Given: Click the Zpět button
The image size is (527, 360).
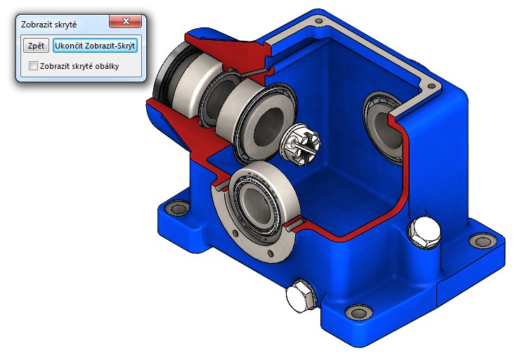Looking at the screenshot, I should click(35, 46).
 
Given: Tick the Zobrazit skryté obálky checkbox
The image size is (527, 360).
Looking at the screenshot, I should click(33, 66).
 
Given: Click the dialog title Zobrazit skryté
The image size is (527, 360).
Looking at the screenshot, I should click(49, 24).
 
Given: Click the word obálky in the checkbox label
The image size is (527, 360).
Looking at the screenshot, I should click(104, 66).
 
